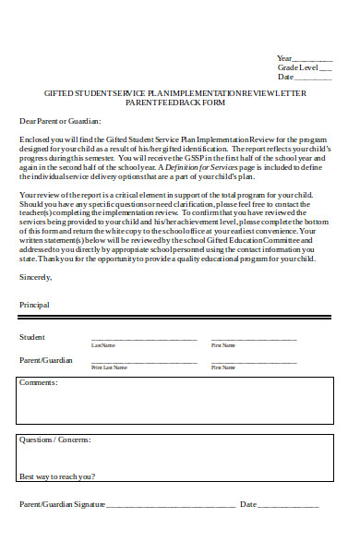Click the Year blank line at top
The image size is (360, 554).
click(313, 59)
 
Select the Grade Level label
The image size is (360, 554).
click(297, 67)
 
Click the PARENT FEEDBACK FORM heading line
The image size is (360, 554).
click(175, 102)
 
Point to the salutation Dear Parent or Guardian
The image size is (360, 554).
click(60, 121)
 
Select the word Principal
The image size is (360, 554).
click(34, 304)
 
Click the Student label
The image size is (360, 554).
click(32, 337)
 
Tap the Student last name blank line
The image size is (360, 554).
click(143, 340)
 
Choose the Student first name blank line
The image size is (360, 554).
click(254, 340)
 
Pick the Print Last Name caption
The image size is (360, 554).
click(110, 367)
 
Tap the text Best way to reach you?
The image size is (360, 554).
click(56, 476)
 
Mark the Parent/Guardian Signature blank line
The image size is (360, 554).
click(171, 506)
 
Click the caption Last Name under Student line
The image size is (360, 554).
click(103, 345)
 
